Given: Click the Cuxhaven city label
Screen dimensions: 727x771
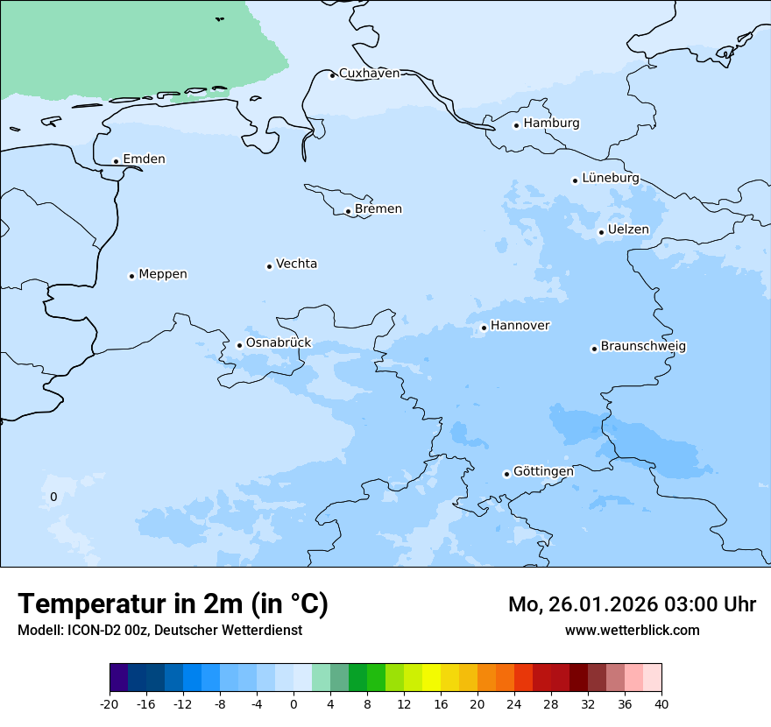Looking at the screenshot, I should [x=369, y=73].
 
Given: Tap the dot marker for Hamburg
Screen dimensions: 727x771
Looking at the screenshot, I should [x=517, y=125].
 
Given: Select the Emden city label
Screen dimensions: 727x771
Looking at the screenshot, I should [x=144, y=159].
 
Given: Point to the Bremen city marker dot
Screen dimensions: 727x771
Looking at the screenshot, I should [x=349, y=211].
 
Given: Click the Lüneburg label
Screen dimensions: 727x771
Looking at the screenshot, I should [x=611, y=178].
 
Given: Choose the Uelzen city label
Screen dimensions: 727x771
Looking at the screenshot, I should [x=628, y=229].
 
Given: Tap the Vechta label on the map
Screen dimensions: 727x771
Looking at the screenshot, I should [x=296, y=264].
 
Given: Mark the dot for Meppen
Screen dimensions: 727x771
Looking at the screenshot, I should [x=132, y=276].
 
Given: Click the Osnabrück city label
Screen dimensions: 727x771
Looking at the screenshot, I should [x=279, y=342].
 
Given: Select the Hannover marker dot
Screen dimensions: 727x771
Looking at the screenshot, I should [x=484, y=328].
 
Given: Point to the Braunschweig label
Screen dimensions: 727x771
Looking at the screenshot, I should [x=643, y=346].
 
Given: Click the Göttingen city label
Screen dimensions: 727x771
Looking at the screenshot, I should [x=543, y=471].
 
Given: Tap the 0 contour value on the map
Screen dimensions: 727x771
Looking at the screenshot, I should [x=53, y=497].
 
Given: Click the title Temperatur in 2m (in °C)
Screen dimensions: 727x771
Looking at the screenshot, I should [x=173, y=603].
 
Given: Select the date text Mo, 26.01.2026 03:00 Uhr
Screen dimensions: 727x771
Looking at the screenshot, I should [x=632, y=604].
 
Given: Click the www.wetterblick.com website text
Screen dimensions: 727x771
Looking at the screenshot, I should [x=632, y=630].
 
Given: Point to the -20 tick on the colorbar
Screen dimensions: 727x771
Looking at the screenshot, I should [x=110, y=703].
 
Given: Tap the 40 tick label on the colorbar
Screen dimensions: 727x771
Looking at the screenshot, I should [x=661, y=703].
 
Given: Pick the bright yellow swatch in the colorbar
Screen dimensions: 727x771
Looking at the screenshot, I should [x=431, y=678].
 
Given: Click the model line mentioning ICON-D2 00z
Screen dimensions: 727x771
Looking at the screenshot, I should [x=159, y=630].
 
